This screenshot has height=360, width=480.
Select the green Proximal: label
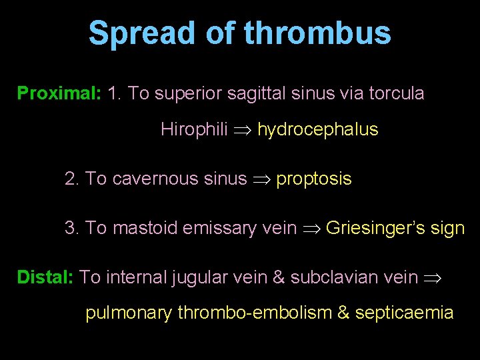pos(59,93)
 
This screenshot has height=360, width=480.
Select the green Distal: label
pos(45,277)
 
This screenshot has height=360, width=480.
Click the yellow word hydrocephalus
pos(317,129)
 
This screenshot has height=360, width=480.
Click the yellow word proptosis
pos(313,179)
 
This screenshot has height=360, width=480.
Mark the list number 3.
pos(72,228)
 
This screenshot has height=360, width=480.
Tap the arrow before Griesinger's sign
pos(311,229)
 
